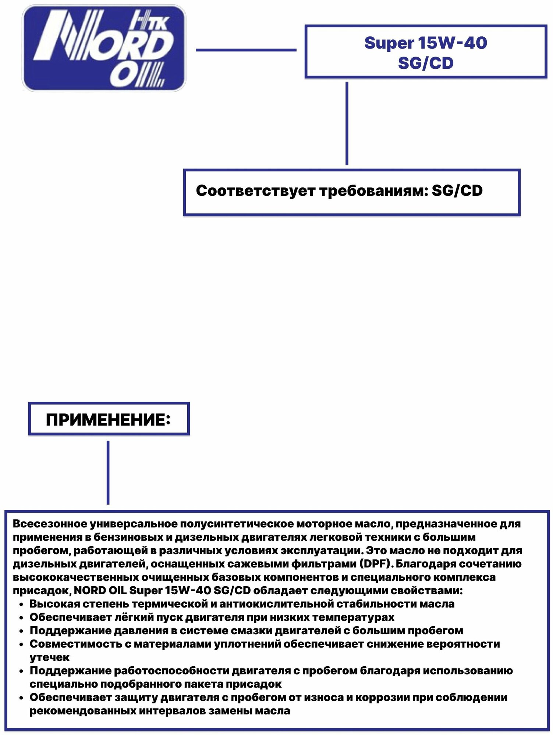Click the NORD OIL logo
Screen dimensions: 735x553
[x=104, y=48]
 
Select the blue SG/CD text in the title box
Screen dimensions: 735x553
[x=426, y=63]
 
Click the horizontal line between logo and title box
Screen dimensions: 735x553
[x=246, y=50]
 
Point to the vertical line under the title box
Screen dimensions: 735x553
[x=347, y=123]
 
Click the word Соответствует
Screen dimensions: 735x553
[x=255, y=191]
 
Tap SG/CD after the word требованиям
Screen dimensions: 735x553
[x=457, y=191]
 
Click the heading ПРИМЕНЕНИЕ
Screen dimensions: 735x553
[x=108, y=420]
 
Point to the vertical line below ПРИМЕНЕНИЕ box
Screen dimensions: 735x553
[x=108, y=472]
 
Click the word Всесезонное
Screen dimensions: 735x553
[x=50, y=524]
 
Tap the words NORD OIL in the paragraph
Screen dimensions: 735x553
[x=100, y=591]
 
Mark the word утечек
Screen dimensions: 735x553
[x=50, y=657]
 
